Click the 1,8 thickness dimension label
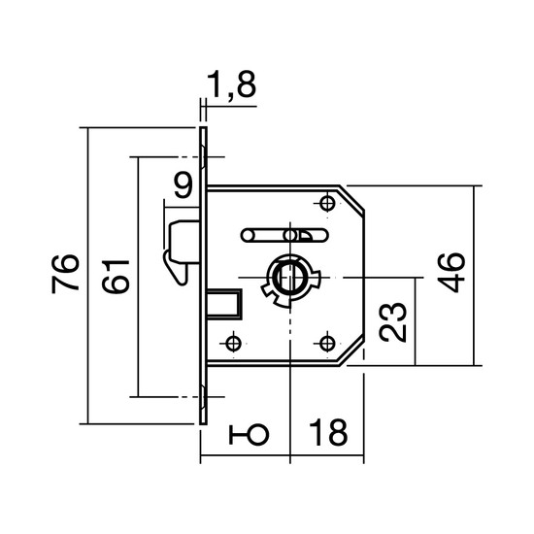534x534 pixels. [231, 84]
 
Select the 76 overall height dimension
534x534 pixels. [65, 274]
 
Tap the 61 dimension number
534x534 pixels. [116, 277]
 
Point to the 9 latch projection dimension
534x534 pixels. [184, 184]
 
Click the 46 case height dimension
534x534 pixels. [451, 273]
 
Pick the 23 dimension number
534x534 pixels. [392, 321]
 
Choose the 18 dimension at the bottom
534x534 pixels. [328, 432]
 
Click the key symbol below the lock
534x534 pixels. [249, 435]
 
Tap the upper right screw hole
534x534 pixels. [327, 203]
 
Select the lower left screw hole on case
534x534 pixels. [233, 344]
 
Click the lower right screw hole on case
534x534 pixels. [327, 344]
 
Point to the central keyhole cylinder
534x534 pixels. [290, 279]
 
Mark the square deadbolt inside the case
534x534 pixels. [225, 304]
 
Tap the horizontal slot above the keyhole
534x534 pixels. [284, 235]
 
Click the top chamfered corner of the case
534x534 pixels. [352, 198]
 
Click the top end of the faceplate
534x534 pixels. [203, 127]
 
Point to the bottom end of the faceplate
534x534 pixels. [203, 423]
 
